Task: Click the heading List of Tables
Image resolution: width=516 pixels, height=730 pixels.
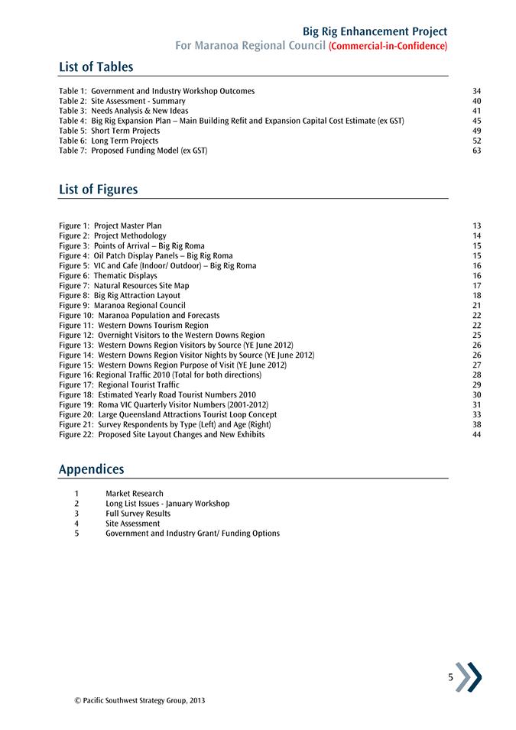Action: pyautogui.click(x=96, y=67)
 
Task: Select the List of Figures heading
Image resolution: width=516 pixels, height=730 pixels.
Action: pyautogui.click(x=99, y=189)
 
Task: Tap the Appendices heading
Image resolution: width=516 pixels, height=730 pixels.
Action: pyautogui.click(x=91, y=469)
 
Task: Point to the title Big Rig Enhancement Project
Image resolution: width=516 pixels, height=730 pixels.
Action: pyautogui.click(x=375, y=31)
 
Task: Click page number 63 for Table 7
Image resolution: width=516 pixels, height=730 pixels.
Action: pyautogui.click(x=477, y=151)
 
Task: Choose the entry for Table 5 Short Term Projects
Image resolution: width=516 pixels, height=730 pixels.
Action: pyautogui.click(x=109, y=131)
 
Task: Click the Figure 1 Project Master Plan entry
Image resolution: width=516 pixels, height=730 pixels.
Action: pyautogui.click(x=110, y=225)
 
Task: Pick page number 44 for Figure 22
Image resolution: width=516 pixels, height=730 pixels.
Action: pyautogui.click(x=477, y=434)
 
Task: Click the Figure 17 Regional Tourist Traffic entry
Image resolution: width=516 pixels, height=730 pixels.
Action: pyautogui.click(x=118, y=384)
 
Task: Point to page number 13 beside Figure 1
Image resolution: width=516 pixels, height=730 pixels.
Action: pyautogui.click(x=477, y=225)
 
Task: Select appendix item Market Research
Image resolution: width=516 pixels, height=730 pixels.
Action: pyautogui.click(x=135, y=494)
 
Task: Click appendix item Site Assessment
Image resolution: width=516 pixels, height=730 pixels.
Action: pyautogui.click(x=132, y=524)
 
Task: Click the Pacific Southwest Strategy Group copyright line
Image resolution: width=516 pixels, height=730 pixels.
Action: pyautogui.click(x=135, y=700)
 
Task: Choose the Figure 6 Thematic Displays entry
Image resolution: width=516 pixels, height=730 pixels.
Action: pyautogui.click(x=108, y=275)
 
